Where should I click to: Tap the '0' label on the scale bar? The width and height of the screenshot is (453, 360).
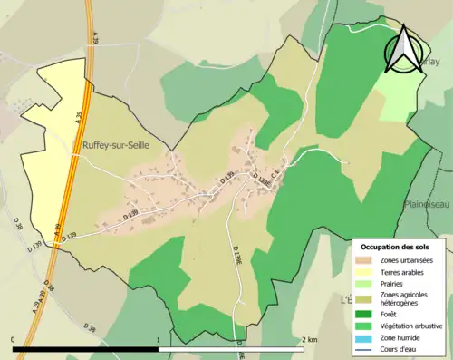pos(14,339)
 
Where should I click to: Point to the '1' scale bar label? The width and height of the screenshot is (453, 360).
pos(159,339)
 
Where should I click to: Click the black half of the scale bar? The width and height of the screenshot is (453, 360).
pos(86,349)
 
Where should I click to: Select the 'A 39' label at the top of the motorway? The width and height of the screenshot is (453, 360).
pos(95,36)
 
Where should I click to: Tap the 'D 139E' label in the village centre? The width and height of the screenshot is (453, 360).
pos(263,179)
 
